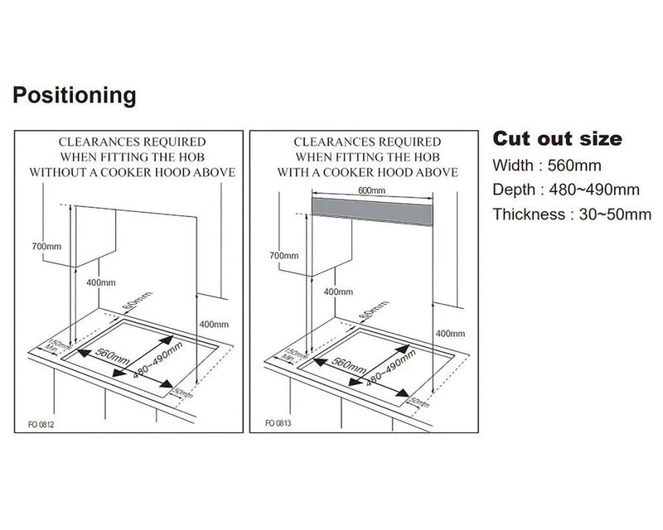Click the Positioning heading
coord(74,95)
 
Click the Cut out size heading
coord(557,138)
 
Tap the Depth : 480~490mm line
coord(566,190)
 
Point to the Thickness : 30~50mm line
coord(572,214)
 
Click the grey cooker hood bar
coord(371,204)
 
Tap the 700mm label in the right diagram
coord(284,256)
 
